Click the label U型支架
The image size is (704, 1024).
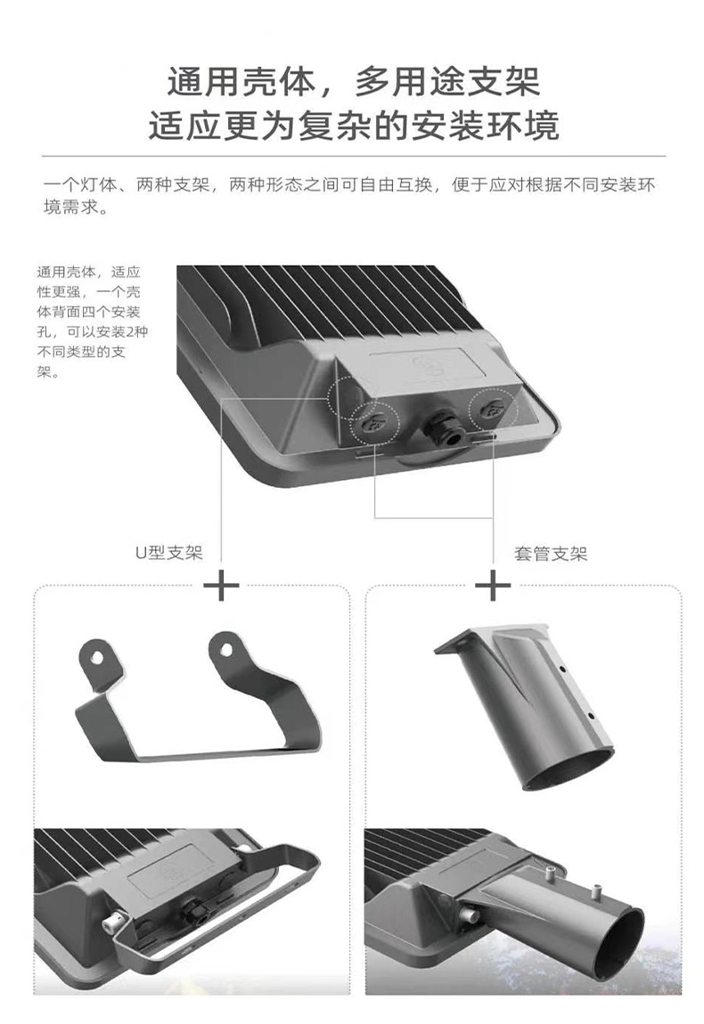point(168,552)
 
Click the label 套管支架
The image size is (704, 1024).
point(551,554)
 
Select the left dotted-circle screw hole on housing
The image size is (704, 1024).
point(375,423)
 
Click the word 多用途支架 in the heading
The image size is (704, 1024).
point(447,82)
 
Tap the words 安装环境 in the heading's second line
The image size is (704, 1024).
point(485,126)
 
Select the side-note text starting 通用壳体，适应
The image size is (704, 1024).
point(91,322)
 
